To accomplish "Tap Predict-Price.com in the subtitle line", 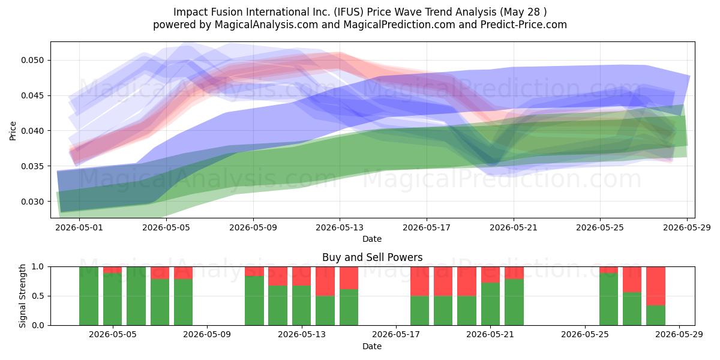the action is click(524, 25).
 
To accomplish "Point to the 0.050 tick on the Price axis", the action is click(32, 61).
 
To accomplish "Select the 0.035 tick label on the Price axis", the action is click(32, 166).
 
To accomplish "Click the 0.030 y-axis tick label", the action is click(32, 202).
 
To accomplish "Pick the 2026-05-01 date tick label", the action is click(79, 227).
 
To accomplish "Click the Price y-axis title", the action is click(13, 131).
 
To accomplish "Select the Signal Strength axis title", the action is click(22, 296).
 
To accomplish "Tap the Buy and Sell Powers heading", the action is click(372, 257).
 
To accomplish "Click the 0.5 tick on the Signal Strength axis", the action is click(38, 296).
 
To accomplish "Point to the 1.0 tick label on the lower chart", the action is click(38, 267).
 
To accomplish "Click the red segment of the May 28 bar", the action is click(656, 286).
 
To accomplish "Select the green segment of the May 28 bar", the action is click(656, 316).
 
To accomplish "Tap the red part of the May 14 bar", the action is click(325, 281).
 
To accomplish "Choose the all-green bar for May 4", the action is click(89, 296).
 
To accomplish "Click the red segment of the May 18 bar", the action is click(420, 281).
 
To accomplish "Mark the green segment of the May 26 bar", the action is click(608, 299).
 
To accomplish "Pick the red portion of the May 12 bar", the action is click(278, 276).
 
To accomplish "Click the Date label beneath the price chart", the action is click(372, 239).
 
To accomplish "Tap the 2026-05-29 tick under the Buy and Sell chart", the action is click(679, 335).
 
